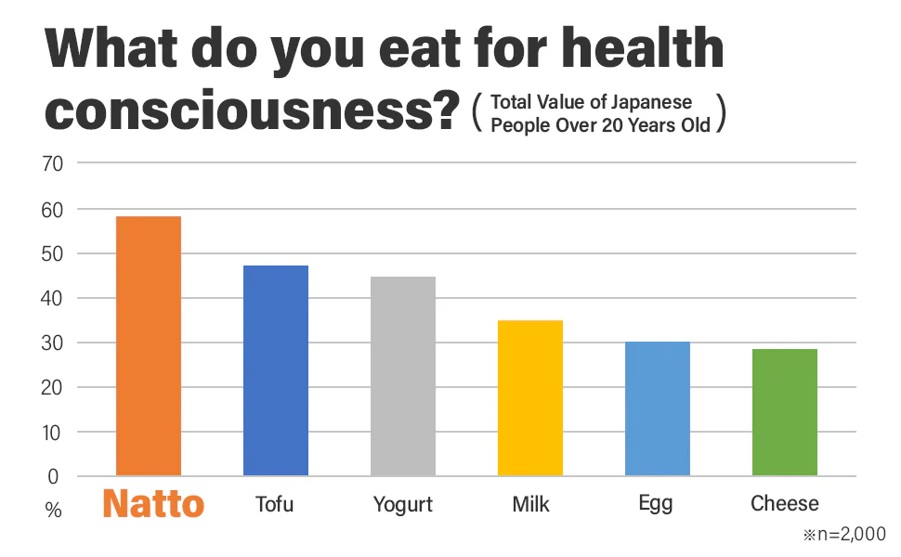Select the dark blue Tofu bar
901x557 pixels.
tap(276, 370)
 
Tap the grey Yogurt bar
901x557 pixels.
tap(403, 376)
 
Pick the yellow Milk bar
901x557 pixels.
tap(530, 398)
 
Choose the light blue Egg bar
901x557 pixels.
tap(658, 408)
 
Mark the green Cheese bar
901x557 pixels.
tap(785, 412)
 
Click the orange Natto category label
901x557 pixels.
tap(153, 504)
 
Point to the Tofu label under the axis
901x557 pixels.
tap(276, 504)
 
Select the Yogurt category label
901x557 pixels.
tap(403, 505)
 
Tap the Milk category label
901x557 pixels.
tap(530, 504)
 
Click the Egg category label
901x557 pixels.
tap(657, 505)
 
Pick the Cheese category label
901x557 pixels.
tap(785, 504)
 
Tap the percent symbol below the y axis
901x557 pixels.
tap(53, 510)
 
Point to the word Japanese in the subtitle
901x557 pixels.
tap(651, 103)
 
